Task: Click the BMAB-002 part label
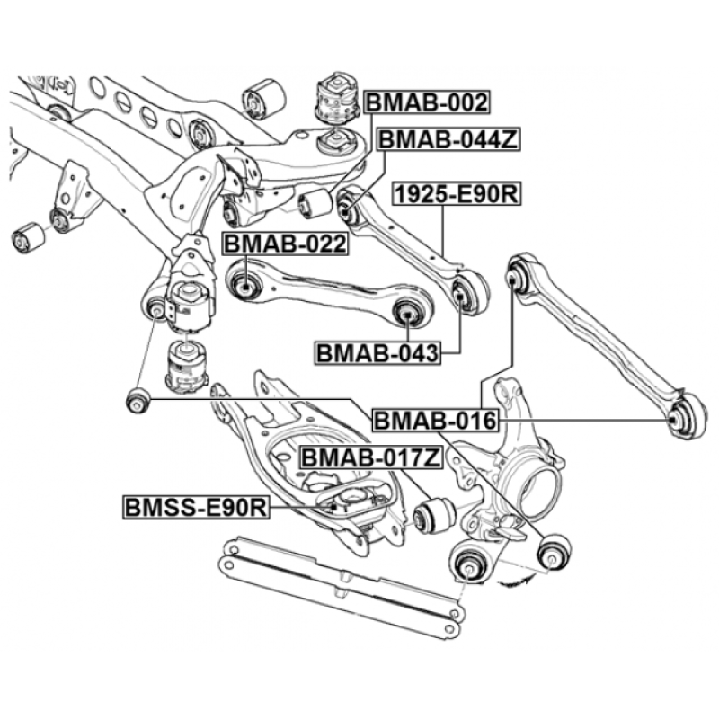(x=427, y=102)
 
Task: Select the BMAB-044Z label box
(x=448, y=139)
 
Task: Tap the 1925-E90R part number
(x=457, y=194)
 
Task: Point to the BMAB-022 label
(x=285, y=244)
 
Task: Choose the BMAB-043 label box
(x=377, y=352)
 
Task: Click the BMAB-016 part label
(x=435, y=420)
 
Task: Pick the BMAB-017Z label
(x=371, y=457)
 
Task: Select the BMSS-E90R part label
(x=196, y=507)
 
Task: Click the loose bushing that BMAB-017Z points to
(x=433, y=516)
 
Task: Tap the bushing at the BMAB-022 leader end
(x=245, y=286)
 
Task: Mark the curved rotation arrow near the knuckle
(x=516, y=581)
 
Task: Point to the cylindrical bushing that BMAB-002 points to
(x=315, y=203)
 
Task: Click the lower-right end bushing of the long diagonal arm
(x=685, y=417)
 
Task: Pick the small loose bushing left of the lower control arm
(x=138, y=399)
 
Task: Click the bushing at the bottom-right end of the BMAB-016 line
(x=554, y=551)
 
